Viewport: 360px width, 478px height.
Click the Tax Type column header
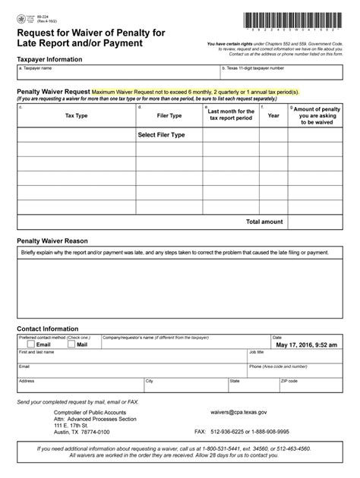tap(76, 116)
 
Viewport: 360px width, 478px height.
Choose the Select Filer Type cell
tap(161, 134)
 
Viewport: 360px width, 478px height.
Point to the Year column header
tap(273, 116)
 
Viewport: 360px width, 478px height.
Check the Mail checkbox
tap(71, 344)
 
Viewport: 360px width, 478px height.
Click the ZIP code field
tap(308, 387)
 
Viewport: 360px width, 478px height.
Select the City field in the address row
tap(182, 387)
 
